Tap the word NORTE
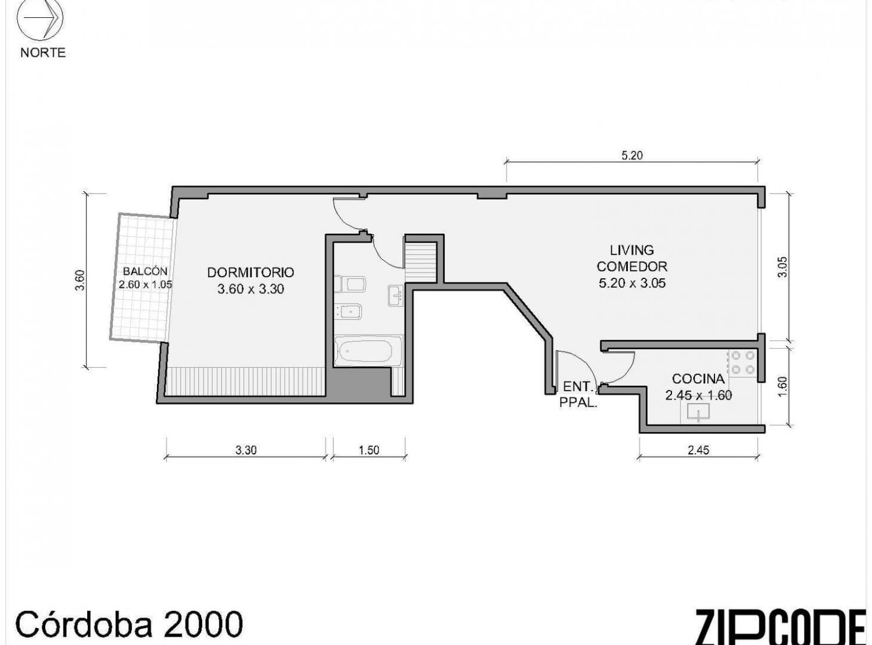pos(43,53)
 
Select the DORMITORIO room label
pos(251,272)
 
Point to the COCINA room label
pos(698,379)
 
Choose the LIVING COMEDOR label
pos(632,258)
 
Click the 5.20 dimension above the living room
pos(632,155)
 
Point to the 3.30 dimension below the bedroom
pos(246,450)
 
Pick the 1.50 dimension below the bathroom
pos(369,450)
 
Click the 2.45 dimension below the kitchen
pos(698,450)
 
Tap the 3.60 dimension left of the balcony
pos(80,280)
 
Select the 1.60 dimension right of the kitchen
pos(782,387)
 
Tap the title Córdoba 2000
pos(129,625)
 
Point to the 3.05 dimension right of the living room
pos(782,267)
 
